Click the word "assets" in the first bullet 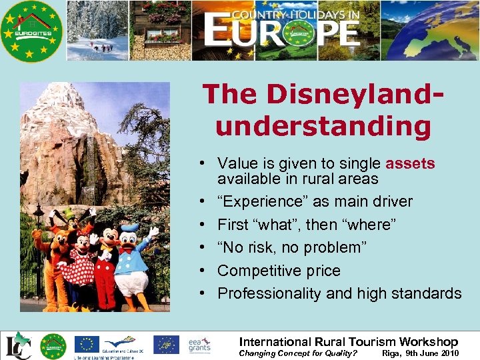point(410,163)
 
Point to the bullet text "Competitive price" point(279,271)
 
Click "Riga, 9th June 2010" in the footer point(420,353)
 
